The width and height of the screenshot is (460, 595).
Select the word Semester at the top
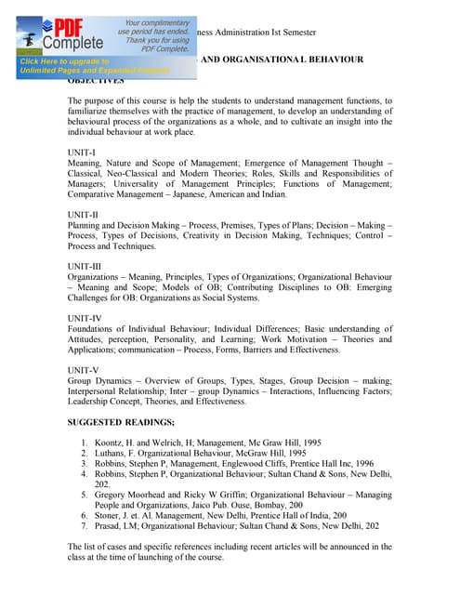point(293,33)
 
